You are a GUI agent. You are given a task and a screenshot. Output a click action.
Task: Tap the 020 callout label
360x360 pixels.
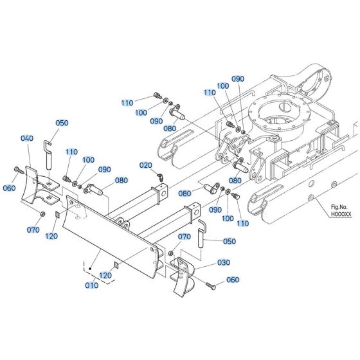(x=147, y=165)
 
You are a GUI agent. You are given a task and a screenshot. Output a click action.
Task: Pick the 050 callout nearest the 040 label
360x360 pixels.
(x=62, y=123)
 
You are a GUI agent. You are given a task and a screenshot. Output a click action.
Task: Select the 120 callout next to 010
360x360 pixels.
(x=105, y=275)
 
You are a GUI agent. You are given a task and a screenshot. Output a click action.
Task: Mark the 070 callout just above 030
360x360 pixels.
(x=184, y=237)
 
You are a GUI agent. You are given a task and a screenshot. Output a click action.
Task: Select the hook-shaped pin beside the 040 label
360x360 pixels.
(x=48, y=154)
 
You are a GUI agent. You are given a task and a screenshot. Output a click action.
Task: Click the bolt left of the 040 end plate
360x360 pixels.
(x=18, y=172)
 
